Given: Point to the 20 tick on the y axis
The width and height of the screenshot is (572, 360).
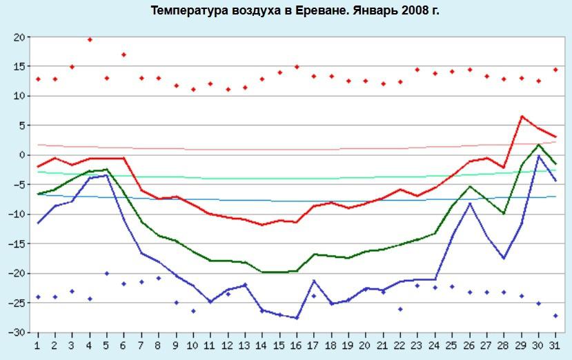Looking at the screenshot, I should pos(19,37).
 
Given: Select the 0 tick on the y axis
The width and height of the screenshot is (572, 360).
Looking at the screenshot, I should pos(22,155).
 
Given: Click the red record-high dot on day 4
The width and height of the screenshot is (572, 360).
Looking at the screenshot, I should pos(90,40).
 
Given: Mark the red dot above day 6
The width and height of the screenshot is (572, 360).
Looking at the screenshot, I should pos(124,54).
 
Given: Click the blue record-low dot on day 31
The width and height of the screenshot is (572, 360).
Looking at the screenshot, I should pos(555,316).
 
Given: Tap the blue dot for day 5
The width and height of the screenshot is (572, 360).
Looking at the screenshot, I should pos(106,273).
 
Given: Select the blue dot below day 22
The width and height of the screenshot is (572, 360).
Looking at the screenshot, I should pos(400,309).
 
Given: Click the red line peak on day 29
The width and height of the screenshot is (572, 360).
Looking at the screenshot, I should pos(522,117).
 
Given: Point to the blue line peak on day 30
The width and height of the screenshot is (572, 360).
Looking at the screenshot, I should pos(538,156).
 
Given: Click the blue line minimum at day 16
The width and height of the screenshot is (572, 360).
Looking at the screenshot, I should pos(297,318).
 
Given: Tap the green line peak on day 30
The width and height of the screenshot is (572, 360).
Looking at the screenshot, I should pos(538,145).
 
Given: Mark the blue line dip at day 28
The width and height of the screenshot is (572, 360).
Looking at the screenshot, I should pos(504,259).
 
